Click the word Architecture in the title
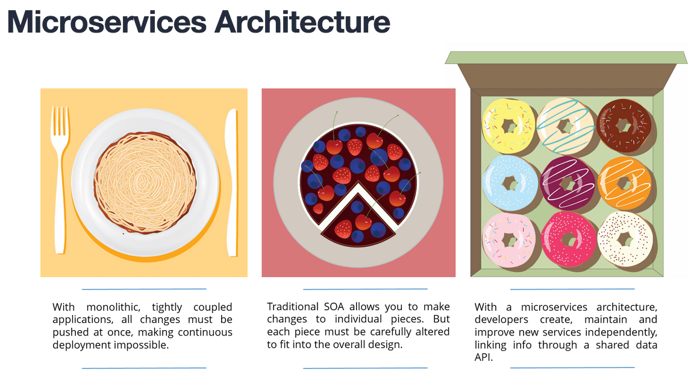[x=302, y=22]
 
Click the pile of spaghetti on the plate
[x=145, y=182]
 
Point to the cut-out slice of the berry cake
[x=358, y=220]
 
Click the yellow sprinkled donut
[x=509, y=126]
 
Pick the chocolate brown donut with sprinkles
[x=624, y=126]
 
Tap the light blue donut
[x=510, y=183]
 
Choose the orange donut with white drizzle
[x=625, y=183]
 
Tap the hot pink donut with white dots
[x=568, y=240]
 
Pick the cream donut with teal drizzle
[x=566, y=126]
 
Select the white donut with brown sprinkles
[x=625, y=240]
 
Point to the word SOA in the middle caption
[x=334, y=307]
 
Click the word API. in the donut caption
[x=484, y=357]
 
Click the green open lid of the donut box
[x=566, y=58]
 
